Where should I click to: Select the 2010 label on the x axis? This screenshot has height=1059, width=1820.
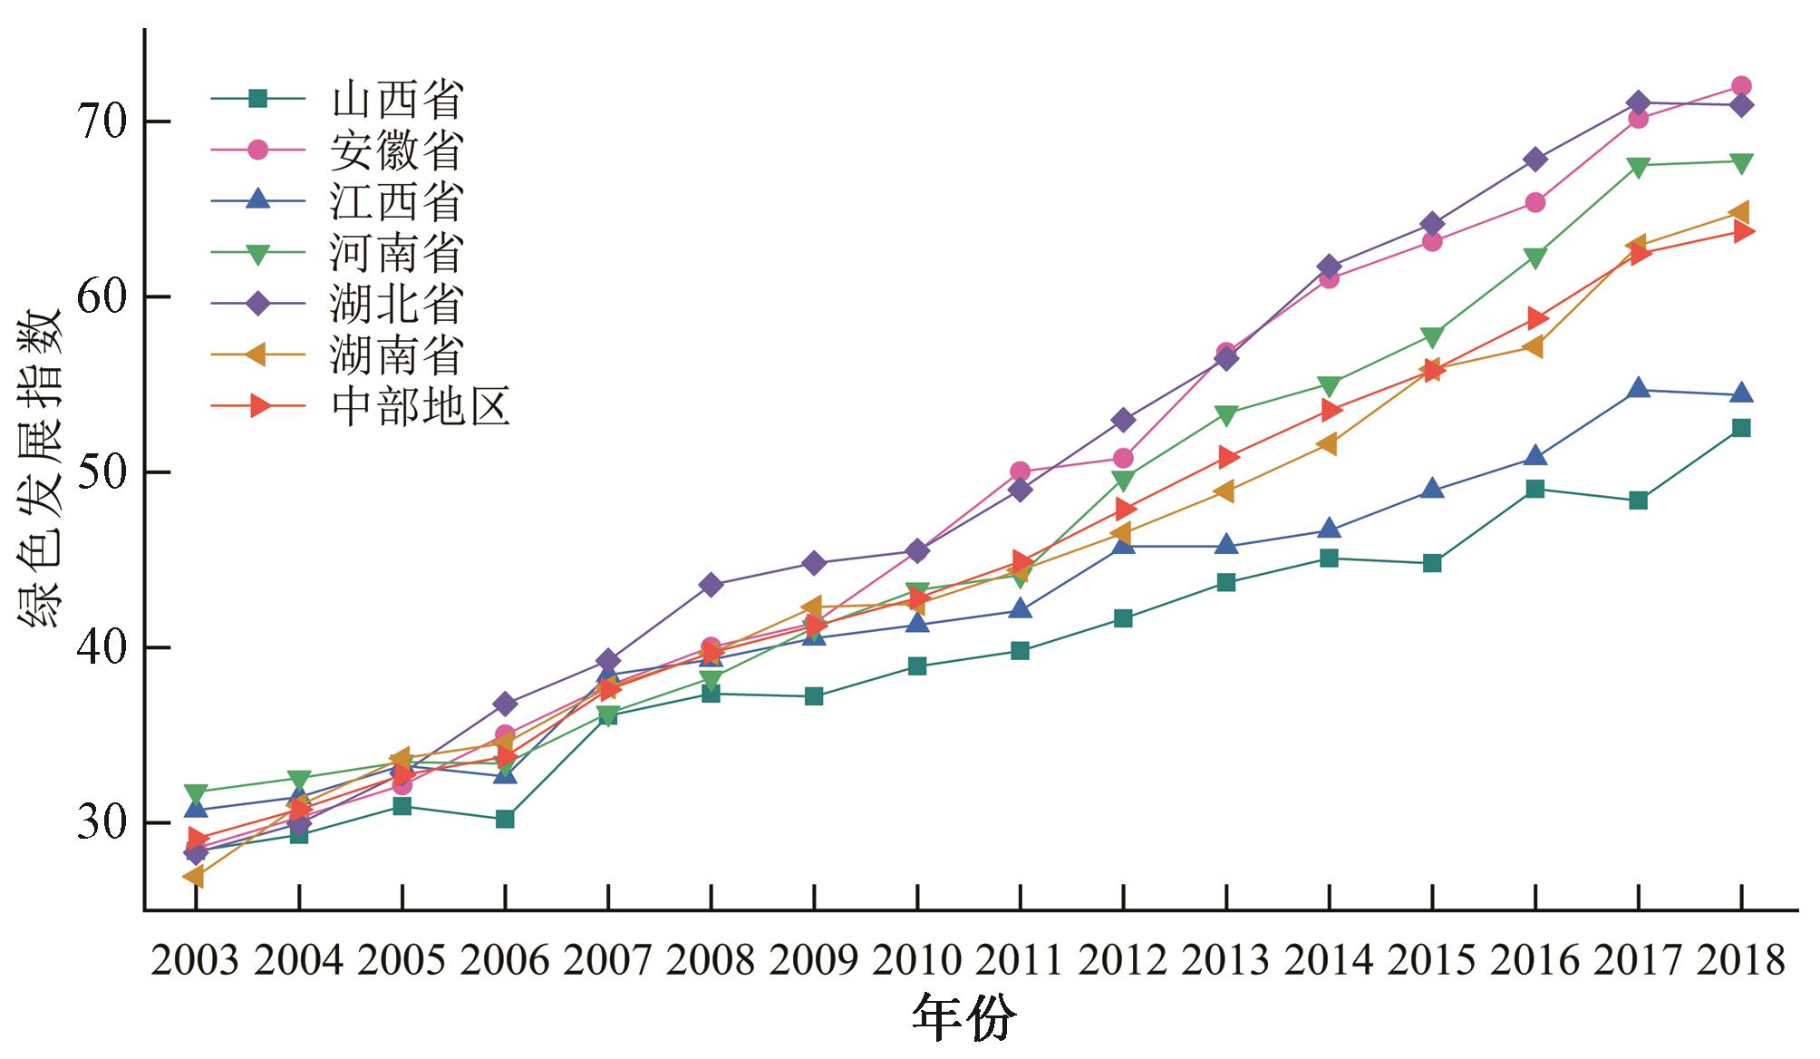[x=917, y=960]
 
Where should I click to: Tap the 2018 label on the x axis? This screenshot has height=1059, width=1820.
[x=1740, y=960]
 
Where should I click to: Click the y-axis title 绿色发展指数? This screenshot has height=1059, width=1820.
[x=40, y=470]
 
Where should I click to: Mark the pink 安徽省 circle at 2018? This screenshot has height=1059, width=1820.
[x=1740, y=87]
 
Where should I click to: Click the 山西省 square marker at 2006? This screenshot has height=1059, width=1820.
[x=505, y=819]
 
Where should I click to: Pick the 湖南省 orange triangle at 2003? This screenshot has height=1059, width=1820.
[x=194, y=877]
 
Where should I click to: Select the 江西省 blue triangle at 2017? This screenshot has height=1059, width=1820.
[x=1638, y=389]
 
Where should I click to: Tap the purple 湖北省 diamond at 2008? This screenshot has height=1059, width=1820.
[x=712, y=585]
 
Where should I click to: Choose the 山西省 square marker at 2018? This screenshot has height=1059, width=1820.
[x=1740, y=428]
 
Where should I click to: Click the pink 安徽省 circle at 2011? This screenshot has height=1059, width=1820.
[x=1020, y=471]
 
